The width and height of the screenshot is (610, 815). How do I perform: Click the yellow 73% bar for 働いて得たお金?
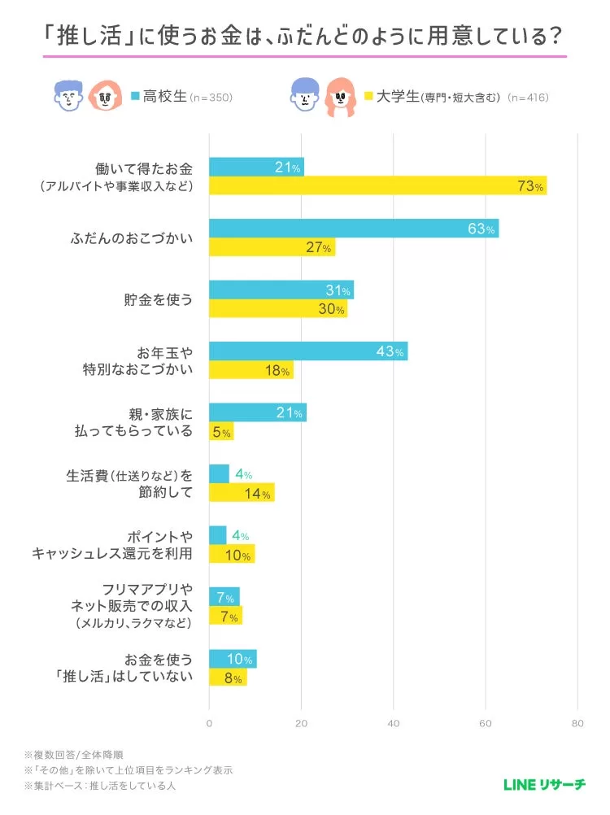pyautogui.click(x=377, y=186)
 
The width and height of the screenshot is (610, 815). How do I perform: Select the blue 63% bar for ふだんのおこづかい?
pyautogui.click(x=354, y=229)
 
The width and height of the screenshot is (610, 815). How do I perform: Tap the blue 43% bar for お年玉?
pyautogui.click(x=308, y=351)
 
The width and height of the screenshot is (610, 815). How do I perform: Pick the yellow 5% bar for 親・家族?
pyautogui.click(x=221, y=432)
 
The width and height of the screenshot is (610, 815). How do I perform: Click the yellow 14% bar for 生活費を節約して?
pyautogui.click(x=242, y=493)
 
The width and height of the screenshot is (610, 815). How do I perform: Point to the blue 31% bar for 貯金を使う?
pyautogui.click(x=281, y=290)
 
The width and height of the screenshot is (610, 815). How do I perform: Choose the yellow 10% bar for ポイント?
pyautogui.click(x=232, y=555)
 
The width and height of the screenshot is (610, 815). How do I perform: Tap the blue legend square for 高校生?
pyautogui.click(x=136, y=97)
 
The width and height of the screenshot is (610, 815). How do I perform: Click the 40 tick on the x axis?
pyautogui.click(x=394, y=723)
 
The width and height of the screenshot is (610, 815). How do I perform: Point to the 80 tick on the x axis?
pyautogui.click(x=577, y=723)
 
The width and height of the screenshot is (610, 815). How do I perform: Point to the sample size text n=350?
pyautogui.click(x=211, y=98)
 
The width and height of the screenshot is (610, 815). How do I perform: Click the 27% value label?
pyautogui.click(x=318, y=248)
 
